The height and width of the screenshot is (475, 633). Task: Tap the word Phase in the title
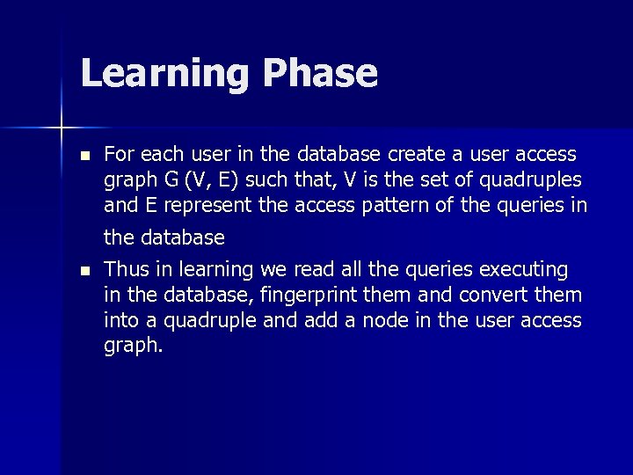tap(320, 74)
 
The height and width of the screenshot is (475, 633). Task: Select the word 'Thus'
tap(124, 269)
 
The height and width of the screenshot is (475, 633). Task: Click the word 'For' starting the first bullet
tap(119, 155)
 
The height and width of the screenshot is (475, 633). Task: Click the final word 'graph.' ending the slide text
tap(134, 346)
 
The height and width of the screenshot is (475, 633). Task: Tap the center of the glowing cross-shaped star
tap(62, 128)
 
